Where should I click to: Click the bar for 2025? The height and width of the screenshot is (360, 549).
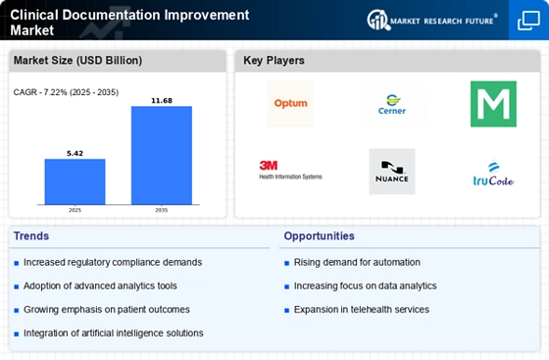pyautogui.click(x=75, y=180)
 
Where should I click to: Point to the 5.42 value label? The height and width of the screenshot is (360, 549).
pyautogui.click(x=75, y=152)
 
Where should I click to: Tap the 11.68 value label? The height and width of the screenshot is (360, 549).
pyautogui.click(x=162, y=99)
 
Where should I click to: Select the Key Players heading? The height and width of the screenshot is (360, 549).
pyautogui.click(x=274, y=61)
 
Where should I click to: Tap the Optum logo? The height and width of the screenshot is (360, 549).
pyautogui.click(x=290, y=104)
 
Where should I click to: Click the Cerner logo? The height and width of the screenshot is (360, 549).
pyautogui.click(x=392, y=105)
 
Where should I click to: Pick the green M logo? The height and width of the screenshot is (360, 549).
pyautogui.click(x=493, y=104)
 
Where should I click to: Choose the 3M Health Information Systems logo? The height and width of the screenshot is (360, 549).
pyautogui.click(x=290, y=171)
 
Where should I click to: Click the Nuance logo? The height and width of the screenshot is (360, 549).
pyautogui.click(x=392, y=172)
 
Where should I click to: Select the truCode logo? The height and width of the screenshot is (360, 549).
pyautogui.click(x=493, y=175)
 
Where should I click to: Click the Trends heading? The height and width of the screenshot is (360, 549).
pyautogui.click(x=32, y=236)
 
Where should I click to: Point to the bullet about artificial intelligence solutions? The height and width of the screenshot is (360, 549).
pyautogui.click(x=113, y=333)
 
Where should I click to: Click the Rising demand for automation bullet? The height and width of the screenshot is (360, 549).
pyautogui.click(x=357, y=262)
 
